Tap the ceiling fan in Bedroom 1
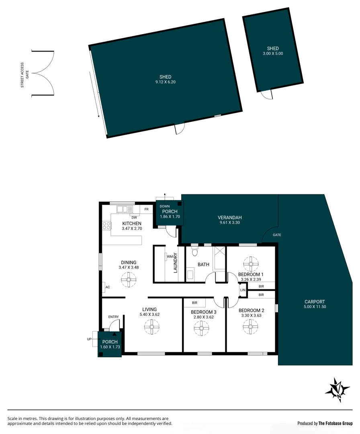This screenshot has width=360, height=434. tap(251, 264)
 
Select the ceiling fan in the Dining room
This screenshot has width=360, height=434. tap(129, 279)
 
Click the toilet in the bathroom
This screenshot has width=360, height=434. tap(195, 251)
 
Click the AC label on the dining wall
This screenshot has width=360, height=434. tap(107, 287)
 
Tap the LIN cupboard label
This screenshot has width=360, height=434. tap(242, 290)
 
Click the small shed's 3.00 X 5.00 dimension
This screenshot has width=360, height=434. tap(273, 53)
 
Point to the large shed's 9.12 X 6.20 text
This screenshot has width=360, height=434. tap(165, 82)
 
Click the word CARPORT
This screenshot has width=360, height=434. tap(315, 302)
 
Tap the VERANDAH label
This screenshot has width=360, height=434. tap(229, 218)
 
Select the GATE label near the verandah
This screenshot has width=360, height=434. tap(277, 235)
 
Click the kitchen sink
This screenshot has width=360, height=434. tap(125, 209)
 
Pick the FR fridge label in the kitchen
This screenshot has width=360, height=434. tap(147, 209)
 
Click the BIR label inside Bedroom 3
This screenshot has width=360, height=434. tap(194, 303)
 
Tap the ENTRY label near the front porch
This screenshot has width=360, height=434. tap(114, 317)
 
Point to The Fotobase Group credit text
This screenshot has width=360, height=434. tap(335, 423)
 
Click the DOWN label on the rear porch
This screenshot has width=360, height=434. tap(164, 206)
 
